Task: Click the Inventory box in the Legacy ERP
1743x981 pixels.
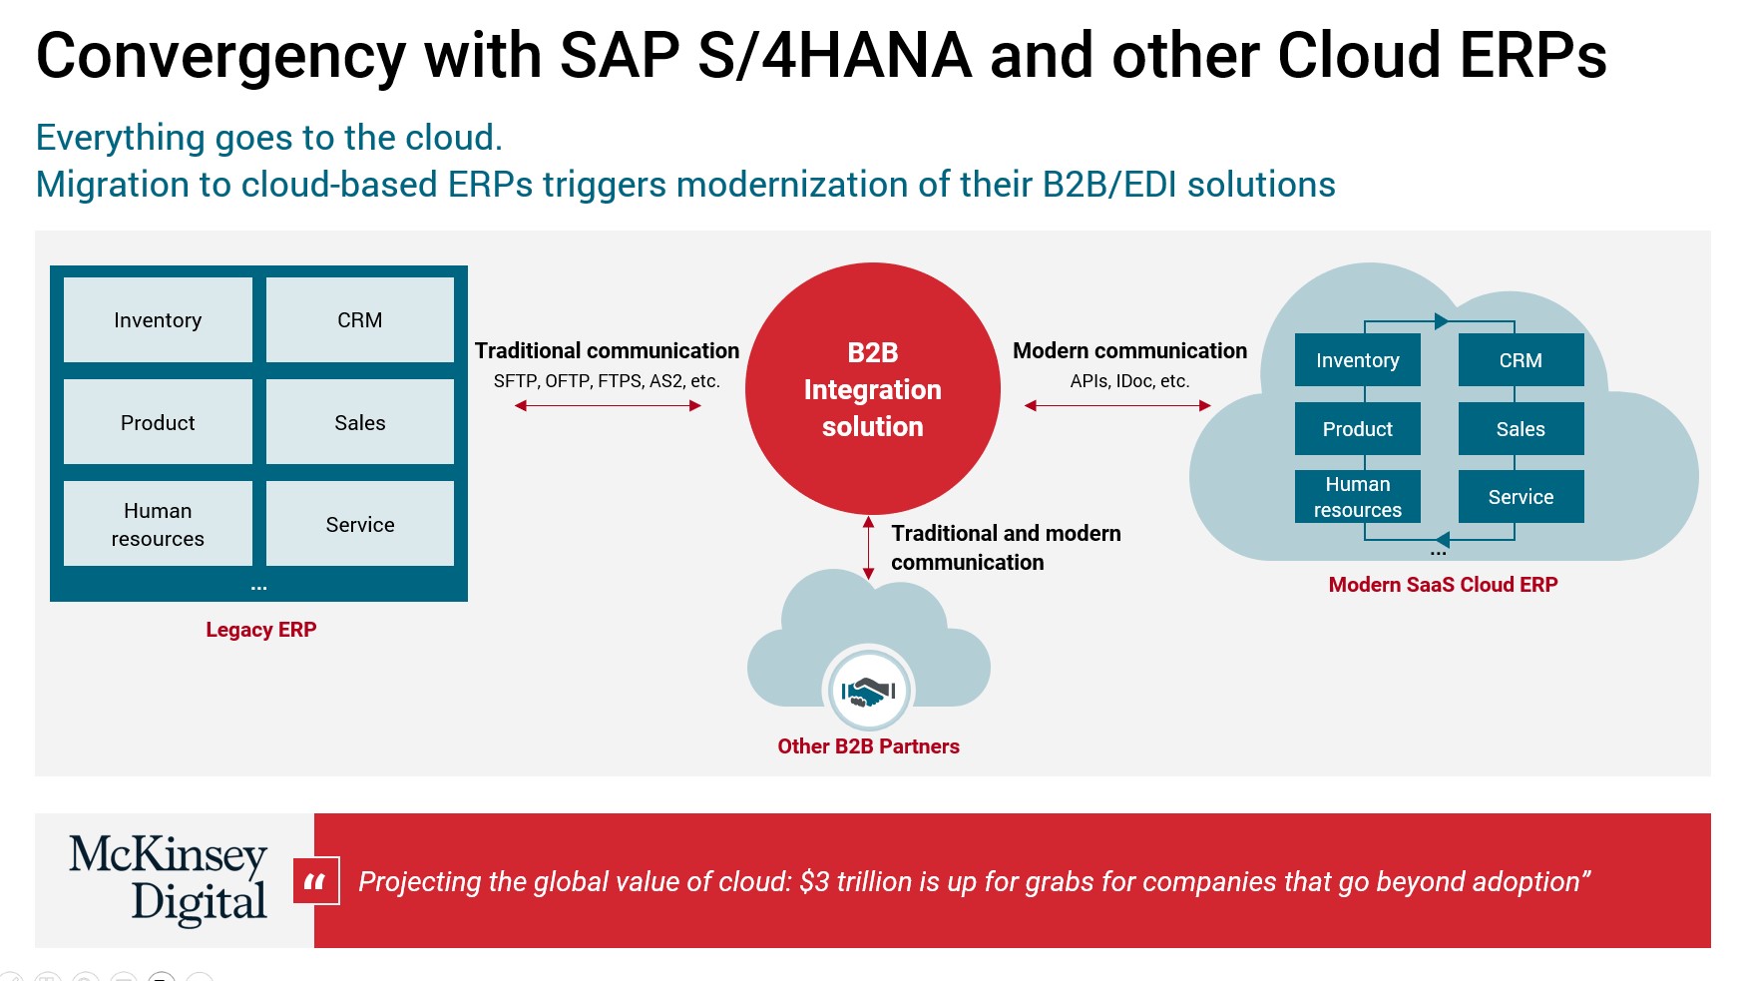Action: (x=158, y=319)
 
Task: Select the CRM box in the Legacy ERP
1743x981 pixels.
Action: (x=360, y=319)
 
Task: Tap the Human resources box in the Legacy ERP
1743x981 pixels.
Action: (x=158, y=524)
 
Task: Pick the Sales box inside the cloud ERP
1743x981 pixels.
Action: (x=1521, y=428)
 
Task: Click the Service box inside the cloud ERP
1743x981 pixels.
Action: (x=1521, y=496)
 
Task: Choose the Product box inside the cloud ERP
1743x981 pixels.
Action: (x=1358, y=428)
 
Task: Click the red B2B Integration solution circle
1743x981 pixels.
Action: (x=873, y=389)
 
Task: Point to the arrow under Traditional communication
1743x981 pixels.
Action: (x=608, y=405)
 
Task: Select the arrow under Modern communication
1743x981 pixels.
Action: (x=1117, y=405)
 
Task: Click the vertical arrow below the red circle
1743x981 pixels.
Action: (x=869, y=548)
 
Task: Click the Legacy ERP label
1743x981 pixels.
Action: (x=261, y=630)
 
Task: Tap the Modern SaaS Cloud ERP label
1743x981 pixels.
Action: (x=1443, y=585)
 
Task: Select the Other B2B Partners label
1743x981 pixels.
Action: (x=869, y=746)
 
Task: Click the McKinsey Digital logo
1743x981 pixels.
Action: (x=169, y=879)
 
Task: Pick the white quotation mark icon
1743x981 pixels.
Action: (x=316, y=881)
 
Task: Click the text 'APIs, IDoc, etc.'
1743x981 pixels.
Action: (x=1130, y=381)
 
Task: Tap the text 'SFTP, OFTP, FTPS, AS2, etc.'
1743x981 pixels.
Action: (x=607, y=381)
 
